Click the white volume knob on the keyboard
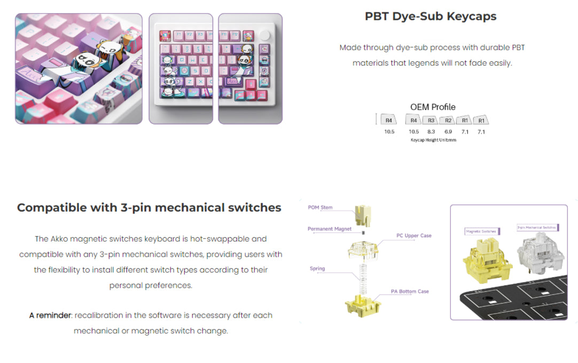tap(265, 35)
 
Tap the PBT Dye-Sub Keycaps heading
tap(431, 16)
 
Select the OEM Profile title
tap(433, 107)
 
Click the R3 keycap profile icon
tap(432, 121)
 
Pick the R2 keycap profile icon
tap(448, 121)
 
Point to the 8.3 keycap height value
tap(432, 132)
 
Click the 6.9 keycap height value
tap(448, 132)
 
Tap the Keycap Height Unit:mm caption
tap(433, 140)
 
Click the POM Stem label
tap(320, 207)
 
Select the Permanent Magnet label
tap(330, 229)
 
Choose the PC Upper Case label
tap(414, 235)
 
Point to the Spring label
tap(317, 268)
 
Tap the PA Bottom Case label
tap(410, 291)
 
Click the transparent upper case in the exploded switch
tap(363, 249)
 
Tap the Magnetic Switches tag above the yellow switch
tap(481, 231)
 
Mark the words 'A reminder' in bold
tap(50, 315)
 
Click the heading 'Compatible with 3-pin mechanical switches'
tap(149, 207)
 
